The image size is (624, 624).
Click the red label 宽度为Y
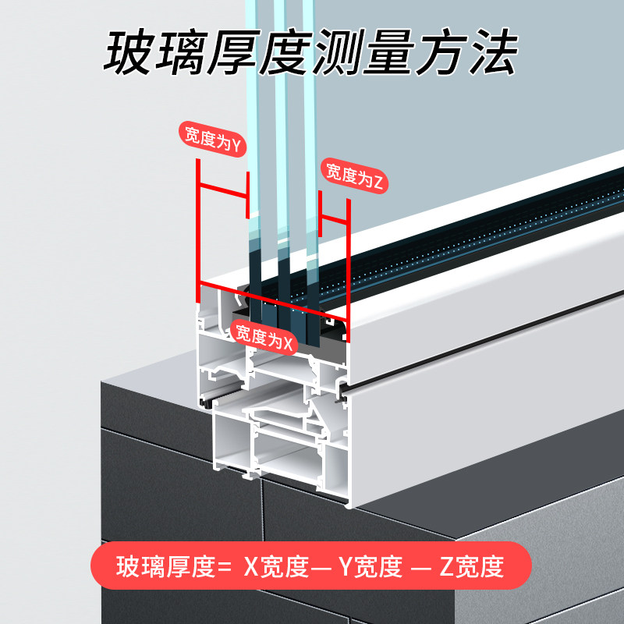click(212, 139)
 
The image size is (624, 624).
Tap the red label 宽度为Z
click(354, 176)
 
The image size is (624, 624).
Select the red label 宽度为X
click(264, 337)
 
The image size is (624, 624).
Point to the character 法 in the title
click(494, 52)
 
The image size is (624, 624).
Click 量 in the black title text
click(389, 52)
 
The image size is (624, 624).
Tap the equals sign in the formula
click(224, 567)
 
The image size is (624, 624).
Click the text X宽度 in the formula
click(276, 566)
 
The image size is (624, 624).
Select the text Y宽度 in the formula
click(370, 566)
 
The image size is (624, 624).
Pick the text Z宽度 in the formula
click(472, 566)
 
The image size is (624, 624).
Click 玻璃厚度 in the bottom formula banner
click(165, 566)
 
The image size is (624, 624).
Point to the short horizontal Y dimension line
click(223, 190)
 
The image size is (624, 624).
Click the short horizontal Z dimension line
click(335, 219)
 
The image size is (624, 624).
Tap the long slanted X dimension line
click(272, 301)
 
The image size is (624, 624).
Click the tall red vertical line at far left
click(198, 231)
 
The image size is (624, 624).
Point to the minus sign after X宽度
click(321, 567)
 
